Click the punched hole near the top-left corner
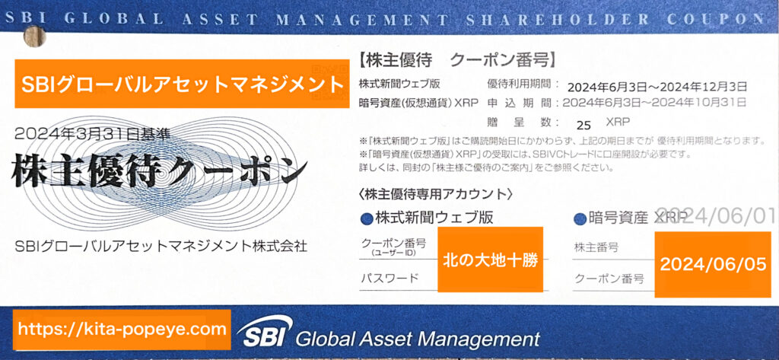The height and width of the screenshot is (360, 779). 34,37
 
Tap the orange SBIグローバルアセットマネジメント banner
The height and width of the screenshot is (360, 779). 182,84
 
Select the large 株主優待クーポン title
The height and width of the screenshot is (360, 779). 158,168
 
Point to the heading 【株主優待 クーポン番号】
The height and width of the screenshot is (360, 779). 456,60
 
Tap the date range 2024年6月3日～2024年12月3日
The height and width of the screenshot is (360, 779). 657,87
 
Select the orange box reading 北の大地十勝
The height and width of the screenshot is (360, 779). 491,259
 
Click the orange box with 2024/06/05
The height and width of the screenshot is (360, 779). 713,264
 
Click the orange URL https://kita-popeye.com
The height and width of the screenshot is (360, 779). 122,329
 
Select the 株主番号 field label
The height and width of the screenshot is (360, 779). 596,247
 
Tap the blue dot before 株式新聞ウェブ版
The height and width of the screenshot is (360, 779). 366,218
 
